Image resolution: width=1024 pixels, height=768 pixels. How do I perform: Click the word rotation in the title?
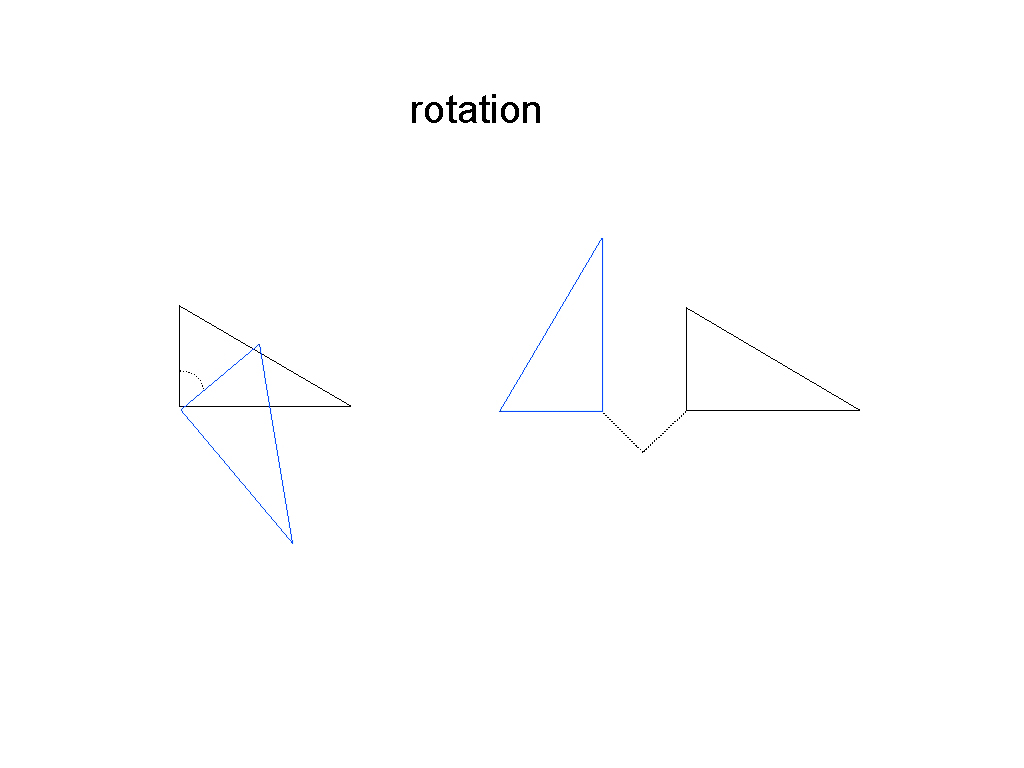(x=475, y=109)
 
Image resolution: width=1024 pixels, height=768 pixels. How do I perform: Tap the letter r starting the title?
(x=416, y=112)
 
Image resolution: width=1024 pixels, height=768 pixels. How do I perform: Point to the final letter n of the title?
(x=532, y=112)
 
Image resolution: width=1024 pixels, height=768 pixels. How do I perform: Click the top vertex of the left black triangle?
(x=180, y=306)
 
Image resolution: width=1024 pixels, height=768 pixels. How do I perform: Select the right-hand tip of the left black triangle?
(x=351, y=406)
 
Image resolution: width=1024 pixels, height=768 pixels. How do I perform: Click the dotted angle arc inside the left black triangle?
(x=193, y=377)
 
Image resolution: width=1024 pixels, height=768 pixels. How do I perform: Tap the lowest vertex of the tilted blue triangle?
(x=292, y=543)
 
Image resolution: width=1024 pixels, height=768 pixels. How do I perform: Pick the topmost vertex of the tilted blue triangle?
(x=259, y=344)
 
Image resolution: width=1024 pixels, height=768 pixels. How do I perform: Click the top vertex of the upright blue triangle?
(x=602, y=238)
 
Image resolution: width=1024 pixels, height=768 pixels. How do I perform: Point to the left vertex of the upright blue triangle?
(x=500, y=411)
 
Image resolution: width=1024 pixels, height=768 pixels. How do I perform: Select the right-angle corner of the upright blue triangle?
(x=602, y=411)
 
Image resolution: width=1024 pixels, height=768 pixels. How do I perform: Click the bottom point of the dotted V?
(x=643, y=451)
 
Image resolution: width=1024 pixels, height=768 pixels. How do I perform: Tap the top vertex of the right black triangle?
(x=686, y=308)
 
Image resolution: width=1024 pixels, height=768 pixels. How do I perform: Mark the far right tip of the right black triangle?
(x=859, y=410)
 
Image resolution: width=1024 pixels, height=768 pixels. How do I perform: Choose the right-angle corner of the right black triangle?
(x=686, y=410)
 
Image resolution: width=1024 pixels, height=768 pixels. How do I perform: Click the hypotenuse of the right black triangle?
(x=773, y=359)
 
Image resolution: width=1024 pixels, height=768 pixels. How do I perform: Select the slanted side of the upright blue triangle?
(x=551, y=325)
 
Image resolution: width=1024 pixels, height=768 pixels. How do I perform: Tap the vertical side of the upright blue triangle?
(x=602, y=325)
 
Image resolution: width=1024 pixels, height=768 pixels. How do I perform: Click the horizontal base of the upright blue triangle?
(x=551, y=411)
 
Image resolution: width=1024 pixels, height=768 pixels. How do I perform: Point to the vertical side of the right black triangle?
(x=686, y=359)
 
